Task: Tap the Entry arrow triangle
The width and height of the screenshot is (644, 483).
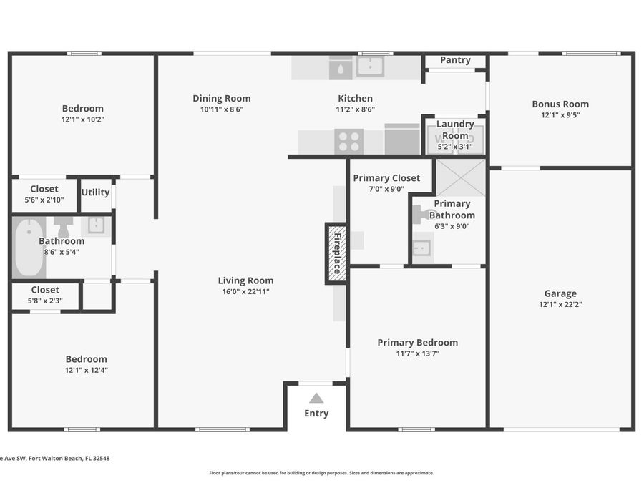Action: coord(316,398)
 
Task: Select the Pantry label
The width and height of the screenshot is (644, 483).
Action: coord(455,60)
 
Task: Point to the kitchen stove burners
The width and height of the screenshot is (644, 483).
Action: coord(349,141)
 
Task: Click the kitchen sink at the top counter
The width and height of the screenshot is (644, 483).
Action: coord(370,67)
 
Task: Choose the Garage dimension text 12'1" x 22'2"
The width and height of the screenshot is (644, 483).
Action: coord(560,304)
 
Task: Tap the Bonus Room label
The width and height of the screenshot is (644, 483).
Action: coord(560,104)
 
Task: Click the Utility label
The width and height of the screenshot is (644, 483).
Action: coord(95,192)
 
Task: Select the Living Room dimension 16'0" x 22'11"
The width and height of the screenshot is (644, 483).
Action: coord(245,291)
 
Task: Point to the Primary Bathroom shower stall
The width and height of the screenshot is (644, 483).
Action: coord(461,177)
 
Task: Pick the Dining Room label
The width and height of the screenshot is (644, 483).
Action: coord(222,99)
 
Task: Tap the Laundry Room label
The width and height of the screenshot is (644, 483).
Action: coord(455,130)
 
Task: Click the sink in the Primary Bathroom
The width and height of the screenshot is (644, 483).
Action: coord(422,248)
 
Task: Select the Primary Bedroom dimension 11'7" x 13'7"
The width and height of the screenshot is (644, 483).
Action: coord(417,353)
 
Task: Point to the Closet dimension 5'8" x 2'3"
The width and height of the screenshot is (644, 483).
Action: coord(45,301)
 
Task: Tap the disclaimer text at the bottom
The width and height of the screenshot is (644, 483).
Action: coord(321,472)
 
